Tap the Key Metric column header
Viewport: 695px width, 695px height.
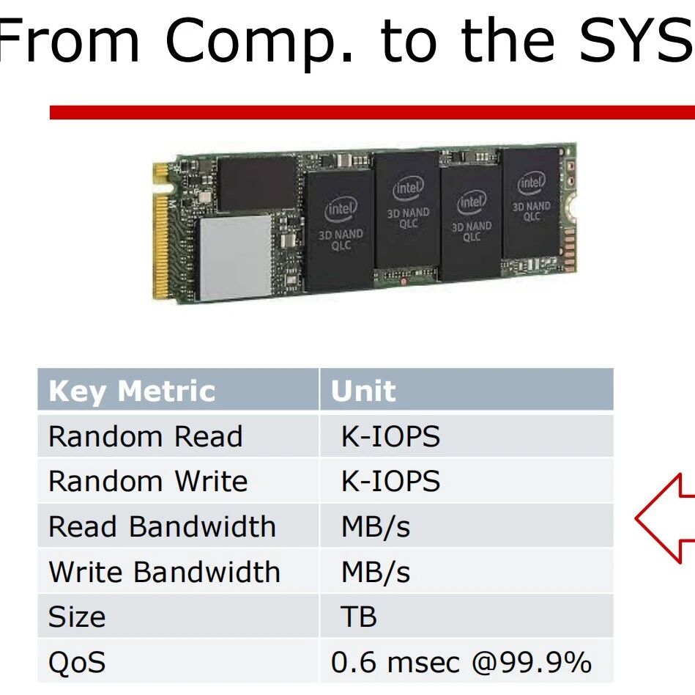132,391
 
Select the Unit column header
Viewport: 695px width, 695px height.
363,391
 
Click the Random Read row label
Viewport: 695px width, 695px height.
146,436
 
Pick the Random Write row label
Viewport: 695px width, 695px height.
148,481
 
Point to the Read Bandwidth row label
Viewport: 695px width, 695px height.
163,526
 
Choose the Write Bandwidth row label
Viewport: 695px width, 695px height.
165,572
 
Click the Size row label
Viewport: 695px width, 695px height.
77,617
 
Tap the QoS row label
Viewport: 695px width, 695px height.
77,662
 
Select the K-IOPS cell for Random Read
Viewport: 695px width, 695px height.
390,436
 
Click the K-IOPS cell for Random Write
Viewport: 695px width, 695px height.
390,481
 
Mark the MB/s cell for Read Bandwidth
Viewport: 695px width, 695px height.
376,526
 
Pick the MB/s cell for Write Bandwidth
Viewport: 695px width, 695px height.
376,572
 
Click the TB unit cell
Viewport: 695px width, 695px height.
358,617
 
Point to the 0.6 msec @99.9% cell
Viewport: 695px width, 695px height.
461,662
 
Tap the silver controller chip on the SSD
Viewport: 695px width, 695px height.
235,257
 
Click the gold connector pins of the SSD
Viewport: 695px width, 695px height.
161,231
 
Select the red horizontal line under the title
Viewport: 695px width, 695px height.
372,112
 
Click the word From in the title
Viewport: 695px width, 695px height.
69,41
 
